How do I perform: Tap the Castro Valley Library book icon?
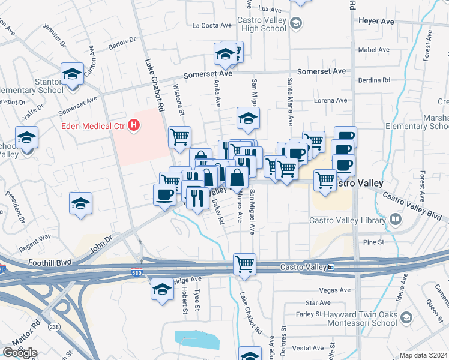(x=395, y=220)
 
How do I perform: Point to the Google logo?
(x=20, y=353)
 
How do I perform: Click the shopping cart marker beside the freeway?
(x=245, y=264)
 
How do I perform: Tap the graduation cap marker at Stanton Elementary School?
(x=72, y=74)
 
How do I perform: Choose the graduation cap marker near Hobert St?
(x=162, y=290)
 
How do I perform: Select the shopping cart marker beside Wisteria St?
(x=179, y=137)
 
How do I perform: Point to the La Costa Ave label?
(x=212, y=25)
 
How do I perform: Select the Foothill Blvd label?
(x=50, y=262)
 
